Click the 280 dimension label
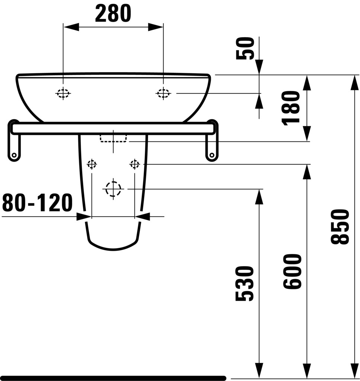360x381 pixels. pyautogui.click(x=113, y=14)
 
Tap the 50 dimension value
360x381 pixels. pyautogui.click(x=245, y=48)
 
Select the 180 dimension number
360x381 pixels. pyautogui.click(x=291, y=108)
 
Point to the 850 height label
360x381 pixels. pyautogui.click(x=340, y=227)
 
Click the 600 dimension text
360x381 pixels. pyautogui.click(x=292, y=271)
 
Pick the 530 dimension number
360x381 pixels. pyautogui.click(x=245, y=284)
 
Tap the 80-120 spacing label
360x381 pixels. pyautogui.click(x=38, y=202)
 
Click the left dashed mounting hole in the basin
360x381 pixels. pyautogui.click(x=63, y=93)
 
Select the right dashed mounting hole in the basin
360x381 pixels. pyautogui.click(x=163, y=93)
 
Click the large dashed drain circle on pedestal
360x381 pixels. pyautogui.click(x=113, y=189)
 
